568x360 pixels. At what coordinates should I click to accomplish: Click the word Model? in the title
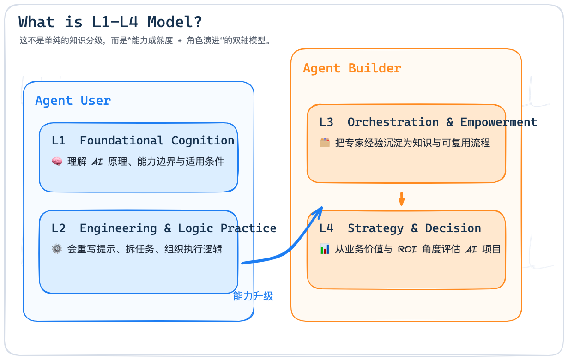click(175, 22)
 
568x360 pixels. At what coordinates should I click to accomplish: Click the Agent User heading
click(73, 101)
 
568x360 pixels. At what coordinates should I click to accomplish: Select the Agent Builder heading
click(352, 68)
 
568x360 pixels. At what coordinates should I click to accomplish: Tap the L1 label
click(59, 140)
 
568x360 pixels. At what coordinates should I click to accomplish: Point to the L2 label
click(59, 228)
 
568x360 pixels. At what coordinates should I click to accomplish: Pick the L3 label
click(326, 122)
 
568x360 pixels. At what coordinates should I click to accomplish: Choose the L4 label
click(326, 228)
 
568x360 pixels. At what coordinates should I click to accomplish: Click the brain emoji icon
click(57, 161)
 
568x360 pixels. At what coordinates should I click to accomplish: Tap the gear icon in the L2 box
click(57, 249)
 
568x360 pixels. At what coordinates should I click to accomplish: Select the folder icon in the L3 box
click(325, 143)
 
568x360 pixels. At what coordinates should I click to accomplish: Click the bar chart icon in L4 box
click(325, 249)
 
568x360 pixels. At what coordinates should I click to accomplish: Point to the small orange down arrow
click(401, 199)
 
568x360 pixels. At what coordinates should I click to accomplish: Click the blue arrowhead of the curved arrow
click(318, 212)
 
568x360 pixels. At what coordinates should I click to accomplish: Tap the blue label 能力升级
click(253, 296)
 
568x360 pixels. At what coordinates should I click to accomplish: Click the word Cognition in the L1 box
click(203, 141)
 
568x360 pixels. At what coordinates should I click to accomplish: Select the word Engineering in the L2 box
click(118, 228)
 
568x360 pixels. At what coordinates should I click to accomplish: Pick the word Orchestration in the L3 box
click(393, 122)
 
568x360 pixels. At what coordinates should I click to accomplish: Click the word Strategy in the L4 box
click(376, 228)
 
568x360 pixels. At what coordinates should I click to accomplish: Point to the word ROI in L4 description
click(407, 250)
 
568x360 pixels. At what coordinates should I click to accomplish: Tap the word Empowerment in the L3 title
click(499, 123)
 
